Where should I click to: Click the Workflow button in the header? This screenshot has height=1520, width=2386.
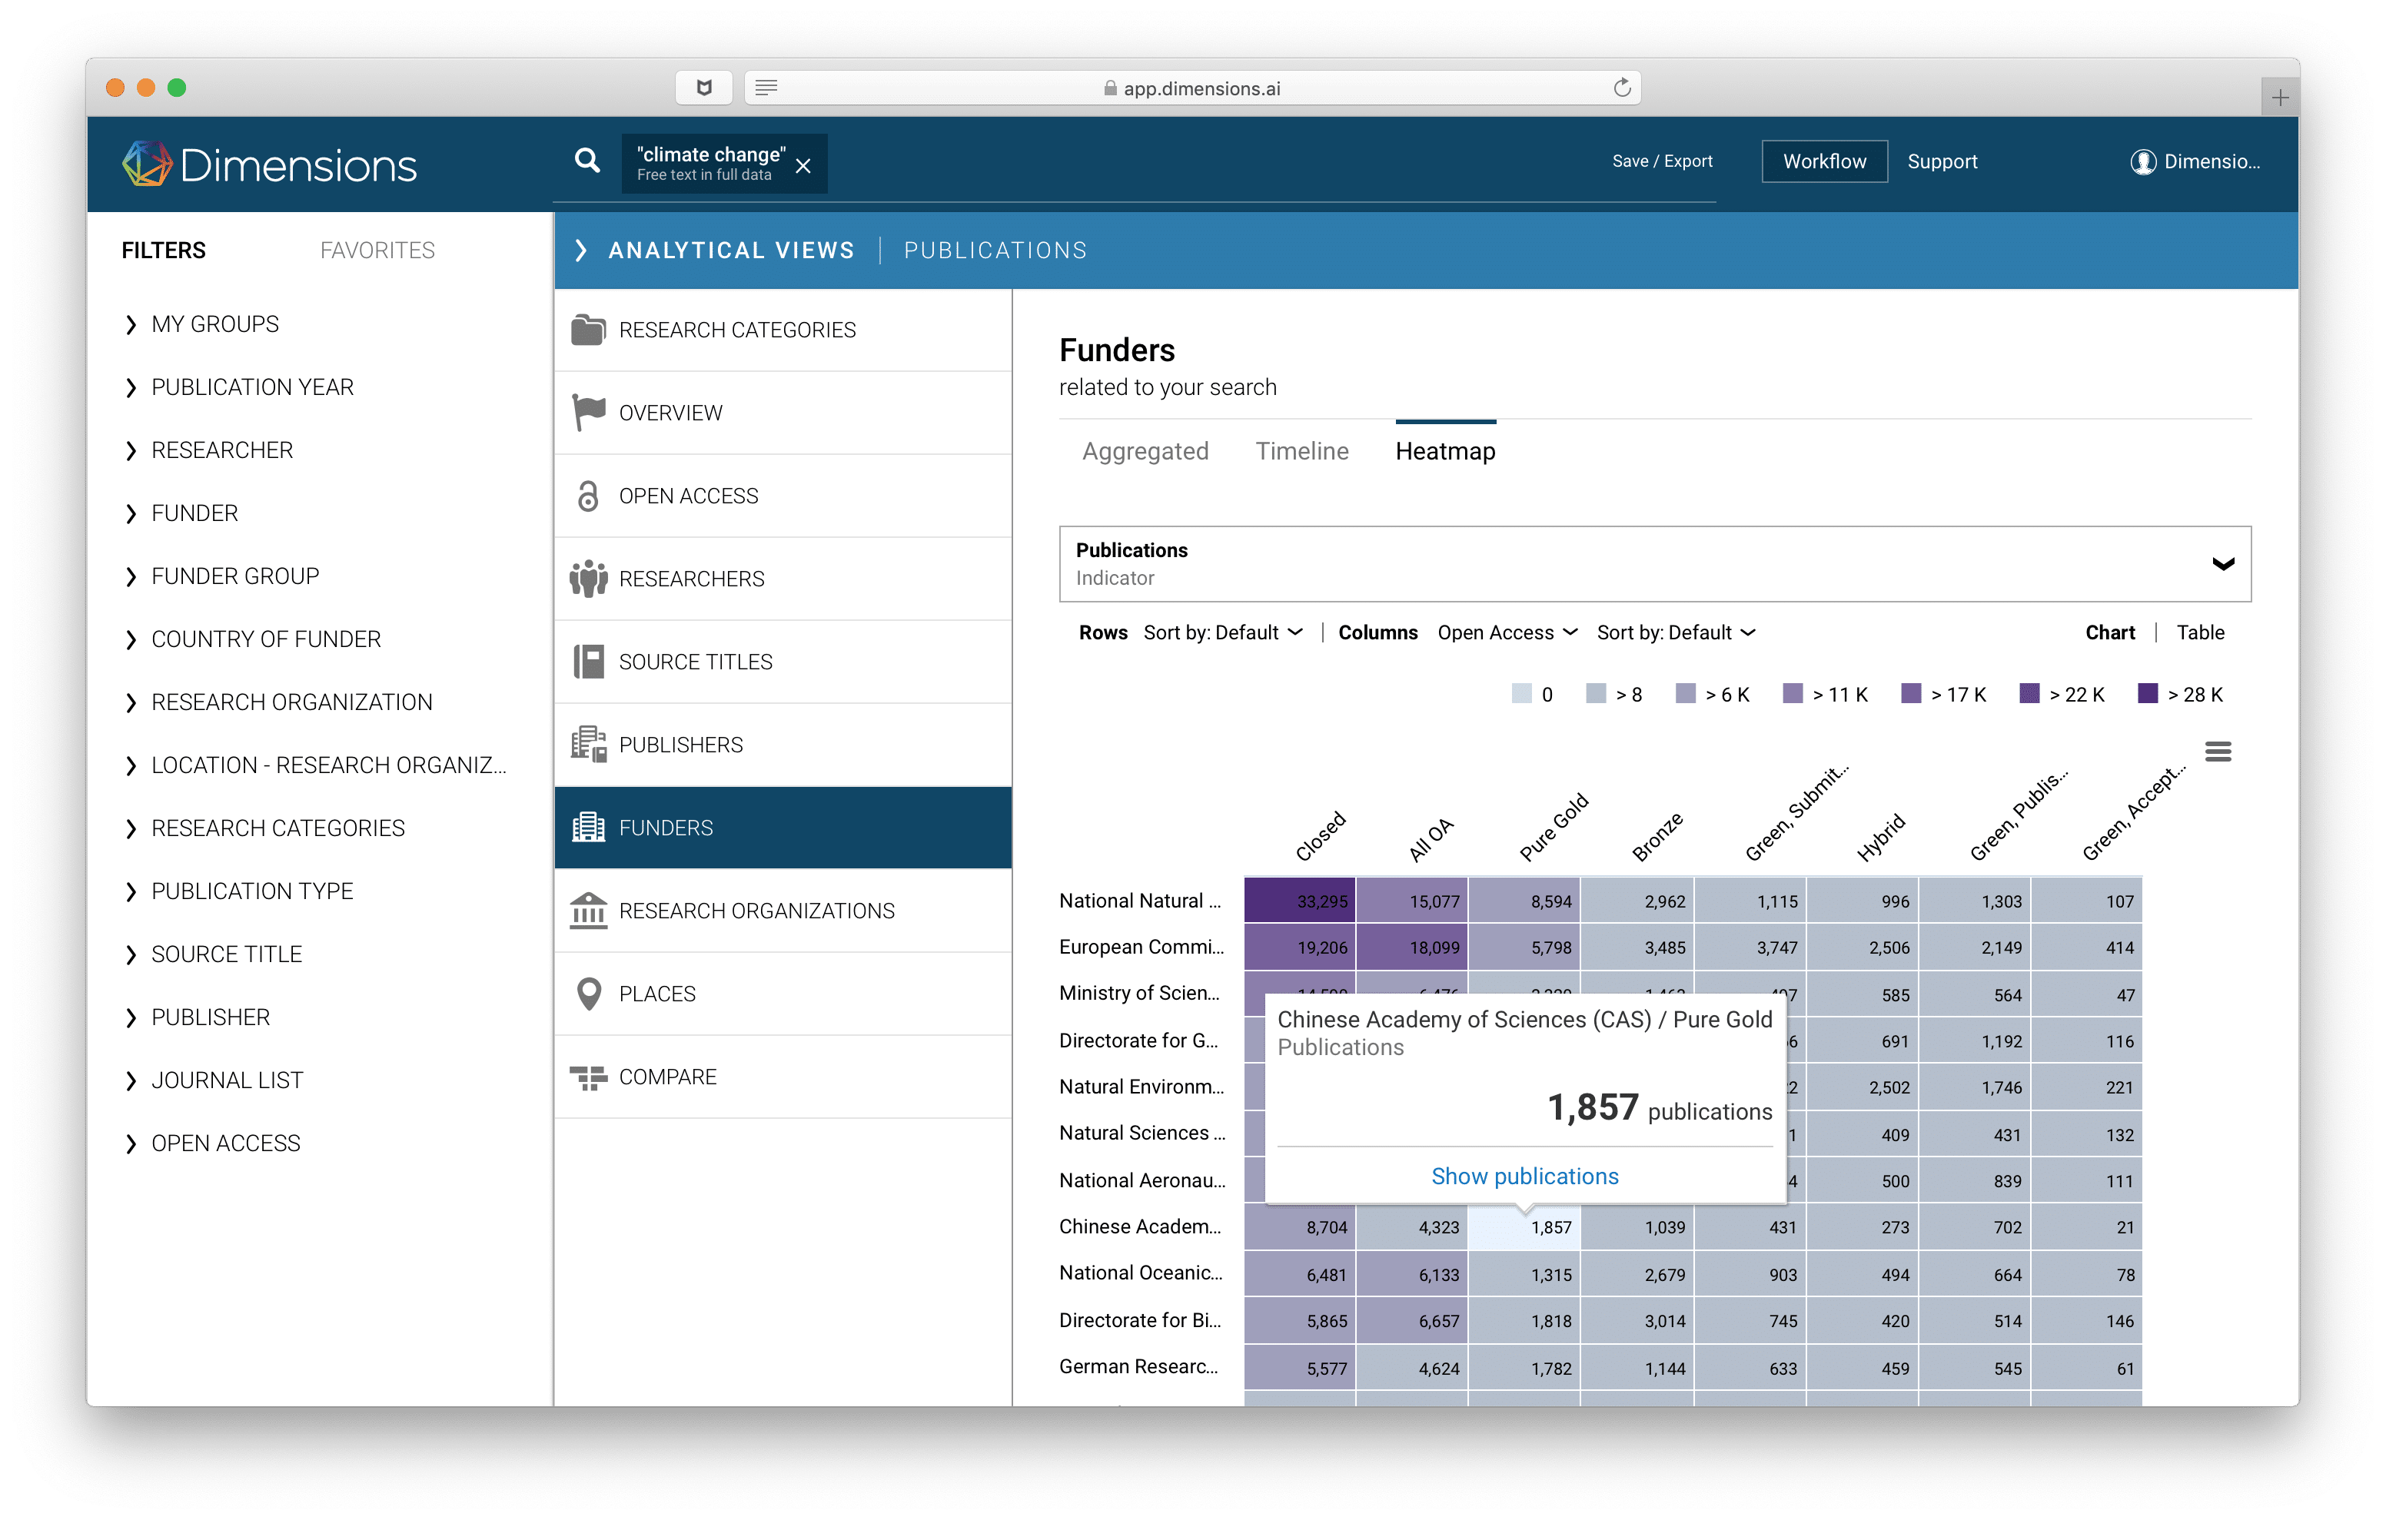(1823, 161)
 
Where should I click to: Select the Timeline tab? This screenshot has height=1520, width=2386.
(1301, 452)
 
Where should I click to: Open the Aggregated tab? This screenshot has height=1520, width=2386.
(1145, 452)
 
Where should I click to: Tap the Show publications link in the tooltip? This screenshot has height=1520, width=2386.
(1524, 1177)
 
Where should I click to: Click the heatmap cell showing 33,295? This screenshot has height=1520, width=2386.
(1299, 901)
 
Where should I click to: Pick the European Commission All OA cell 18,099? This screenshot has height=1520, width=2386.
(1412, 948)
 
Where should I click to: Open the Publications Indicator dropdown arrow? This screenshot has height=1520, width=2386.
(2222, 564)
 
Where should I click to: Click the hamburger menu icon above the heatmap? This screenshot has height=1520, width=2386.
(2218, 752)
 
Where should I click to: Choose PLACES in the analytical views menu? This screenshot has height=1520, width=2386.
(657, 994)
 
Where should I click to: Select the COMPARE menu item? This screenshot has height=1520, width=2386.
(667, 1077)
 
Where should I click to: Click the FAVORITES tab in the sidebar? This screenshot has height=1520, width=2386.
(377, 251)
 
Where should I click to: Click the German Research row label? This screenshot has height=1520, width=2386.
(1138, 1367)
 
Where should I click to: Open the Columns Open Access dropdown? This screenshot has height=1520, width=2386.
(1506, 632)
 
